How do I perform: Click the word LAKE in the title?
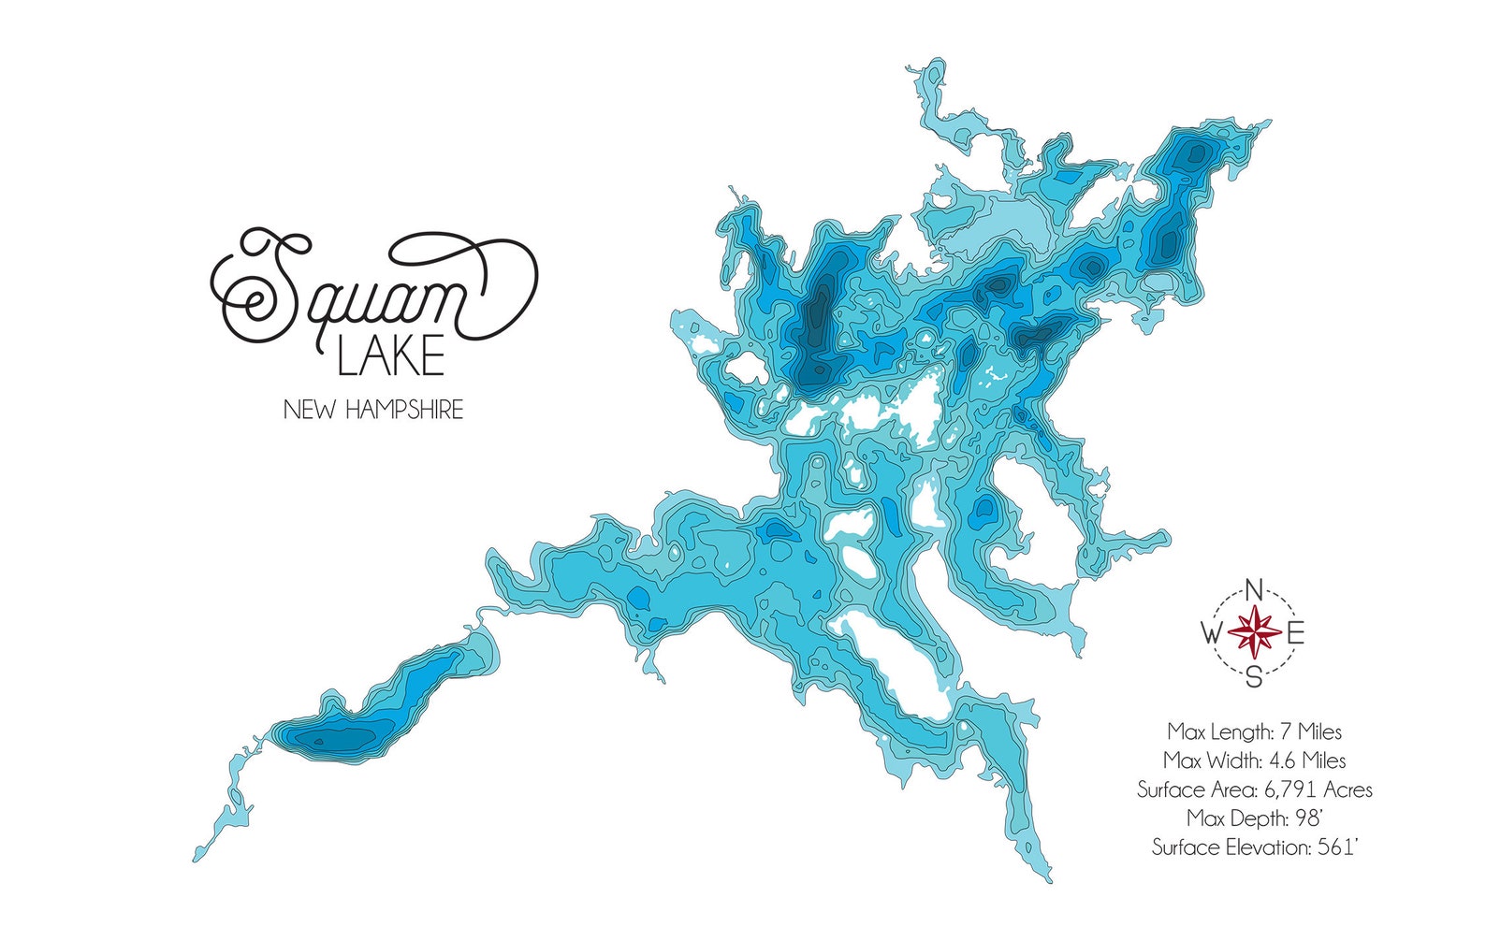[390, 357]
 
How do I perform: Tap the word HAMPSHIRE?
[403, 410]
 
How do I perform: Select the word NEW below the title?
[310, 410]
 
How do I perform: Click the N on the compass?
[1255, 590]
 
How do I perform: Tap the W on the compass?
[1211, 634]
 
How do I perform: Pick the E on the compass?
[1296, 634]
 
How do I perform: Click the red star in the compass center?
[1254, 633]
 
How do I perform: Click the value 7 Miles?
[1311, 731]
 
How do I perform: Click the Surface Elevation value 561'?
[1336, 847]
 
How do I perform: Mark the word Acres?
[1347, 789]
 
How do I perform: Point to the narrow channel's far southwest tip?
[197, 858]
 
